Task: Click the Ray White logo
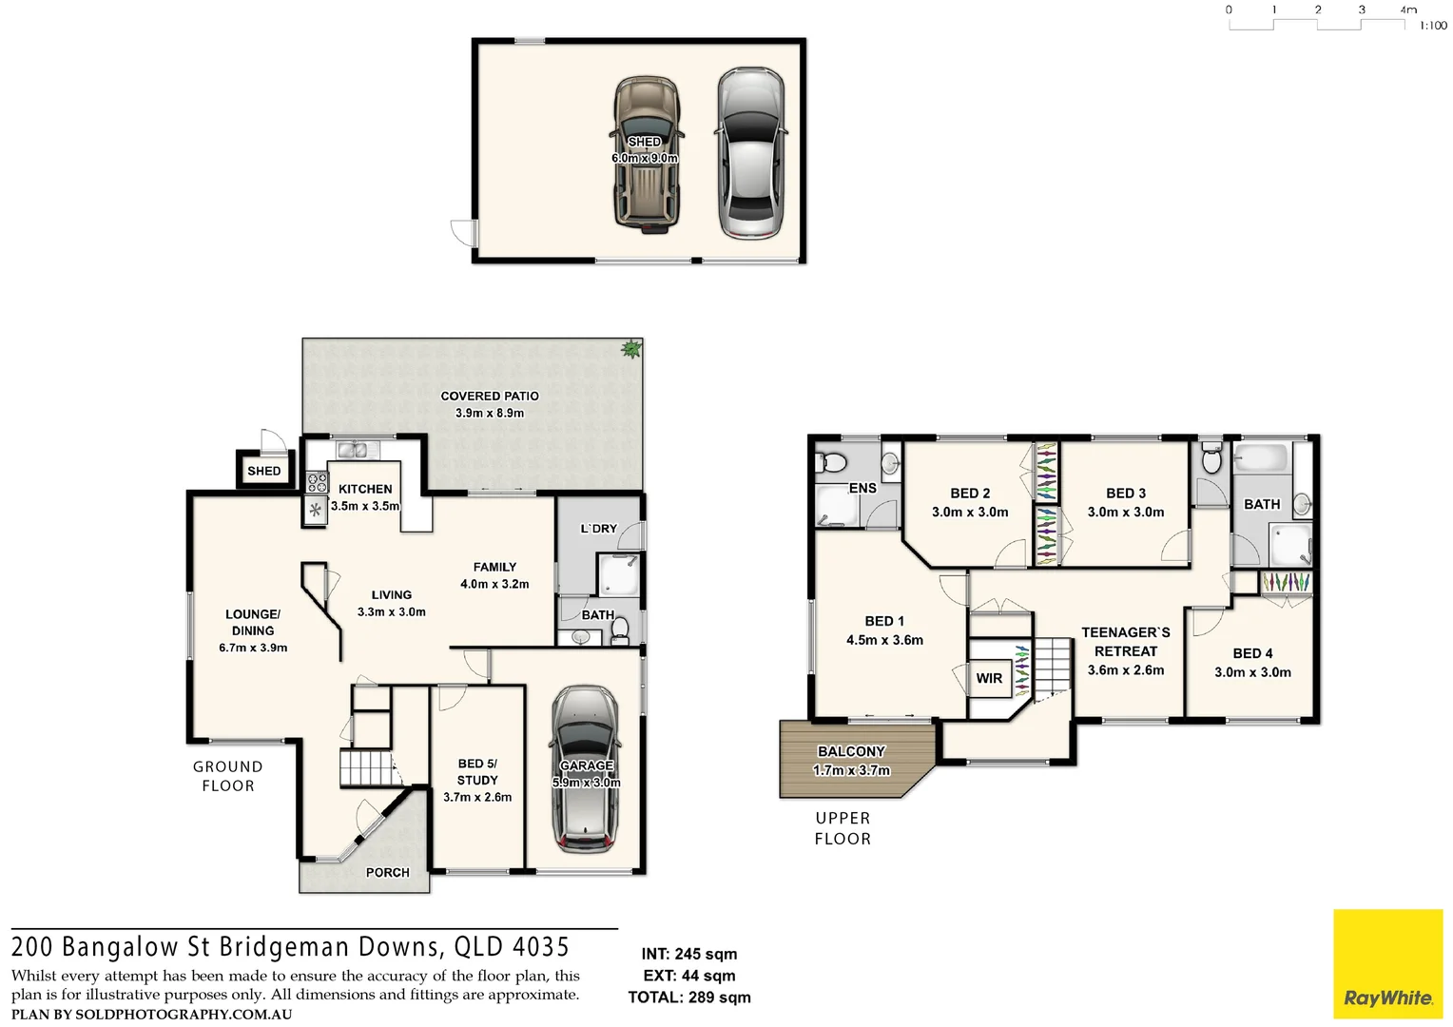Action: tap(1387, 964)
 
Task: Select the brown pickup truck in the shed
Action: tap(646, 154)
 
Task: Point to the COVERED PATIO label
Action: tap(490, 396)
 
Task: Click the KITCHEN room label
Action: tap(365, 489)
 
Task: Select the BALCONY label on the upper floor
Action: tap(851, 751)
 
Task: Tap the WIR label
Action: tap(989, 678)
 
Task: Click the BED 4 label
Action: tap(1252, 653)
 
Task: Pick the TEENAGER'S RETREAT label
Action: tap(1126, 642)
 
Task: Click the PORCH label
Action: tap(388, 872)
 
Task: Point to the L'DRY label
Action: tap(599, 529)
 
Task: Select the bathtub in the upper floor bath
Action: tap(1261, 458)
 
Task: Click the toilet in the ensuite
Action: tap(833, 463)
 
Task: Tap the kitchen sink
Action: tap(353, 450)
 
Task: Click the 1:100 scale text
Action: tap(1433, 26)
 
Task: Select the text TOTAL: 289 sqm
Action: tap(689, 998)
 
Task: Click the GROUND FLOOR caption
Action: tap(228, 776)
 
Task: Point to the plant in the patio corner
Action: tap(630, 349)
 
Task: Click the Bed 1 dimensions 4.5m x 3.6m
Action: tap(884, 640)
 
